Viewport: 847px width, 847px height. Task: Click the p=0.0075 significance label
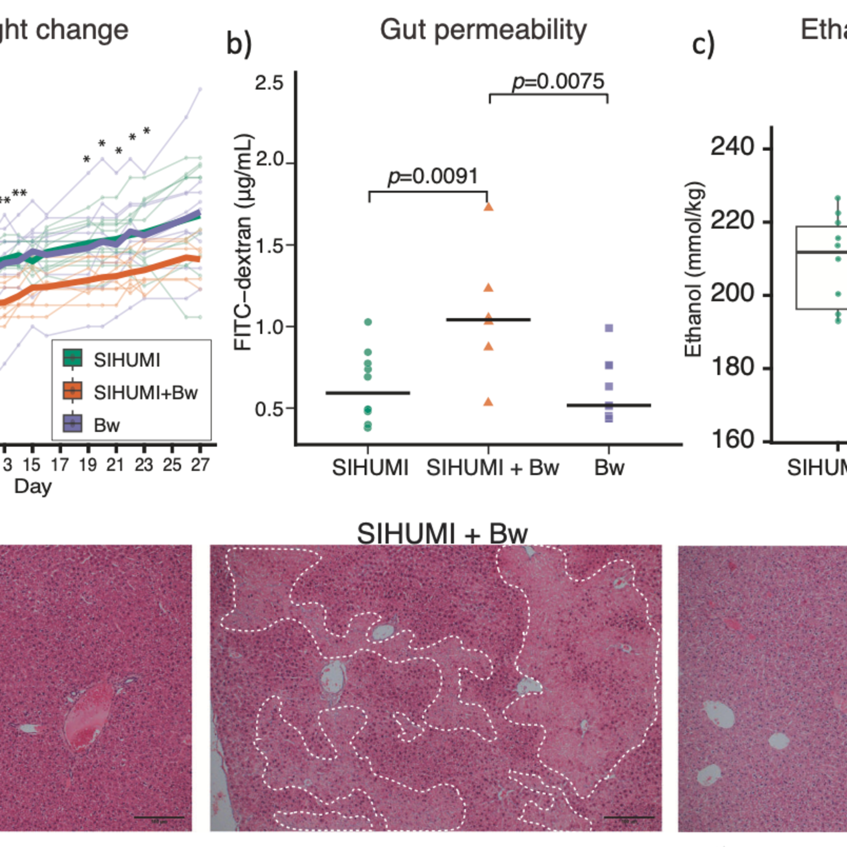point(558,82)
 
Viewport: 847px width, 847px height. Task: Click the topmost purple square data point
point(609,328)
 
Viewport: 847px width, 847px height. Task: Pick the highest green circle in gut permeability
point(368,322)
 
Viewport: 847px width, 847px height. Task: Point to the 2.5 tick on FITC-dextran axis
point(269,82)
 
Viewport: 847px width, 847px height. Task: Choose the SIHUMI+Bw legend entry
point(145,393)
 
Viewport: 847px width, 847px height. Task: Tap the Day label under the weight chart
point(33,487)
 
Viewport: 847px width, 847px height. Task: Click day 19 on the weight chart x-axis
point(88,465)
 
